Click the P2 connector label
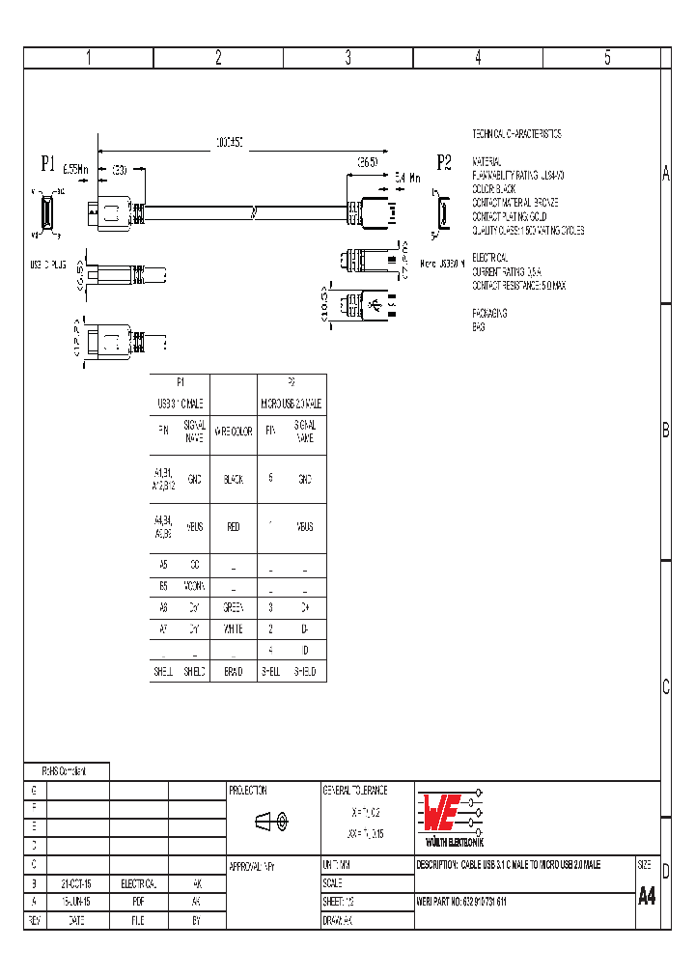click(x=444, y=161)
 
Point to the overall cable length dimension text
click(x=229, y=142)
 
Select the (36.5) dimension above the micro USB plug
click(x=367, y=162)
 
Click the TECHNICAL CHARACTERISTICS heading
click(x=516, y=134)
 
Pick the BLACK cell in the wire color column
click(x=233, y=479)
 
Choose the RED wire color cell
click(x=233, y=527)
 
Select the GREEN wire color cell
click(x=233, y=608)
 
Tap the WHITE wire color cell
click(x=233, y=628)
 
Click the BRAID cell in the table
click(x=233, y=671)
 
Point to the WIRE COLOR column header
click(x=233, y=432)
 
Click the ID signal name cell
click(x=305, y=650)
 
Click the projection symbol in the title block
click(x=273, y=822)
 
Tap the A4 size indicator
click(x=647, y=895)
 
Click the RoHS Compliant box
click(x=66, y=771)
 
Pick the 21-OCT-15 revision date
click(x=76, y=883)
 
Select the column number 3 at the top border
click(x=347, y=58)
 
